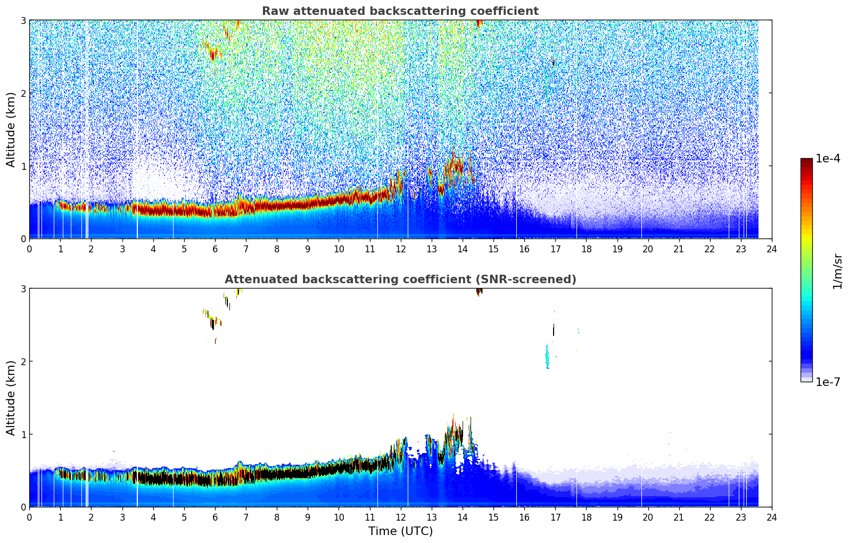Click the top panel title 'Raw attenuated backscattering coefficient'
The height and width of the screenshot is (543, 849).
point(400,11)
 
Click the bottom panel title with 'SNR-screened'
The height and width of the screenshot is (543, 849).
point(400,279)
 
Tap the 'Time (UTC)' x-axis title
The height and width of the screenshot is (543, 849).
point(400,531)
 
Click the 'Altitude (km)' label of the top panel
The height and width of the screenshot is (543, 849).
point(11,129)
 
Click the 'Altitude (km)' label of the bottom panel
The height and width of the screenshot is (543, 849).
point(11,398)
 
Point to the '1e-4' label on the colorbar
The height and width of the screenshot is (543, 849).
point(828,159)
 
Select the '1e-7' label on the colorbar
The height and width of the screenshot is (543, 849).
point(828,382)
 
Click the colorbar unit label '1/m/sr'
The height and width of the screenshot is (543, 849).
point(837,271)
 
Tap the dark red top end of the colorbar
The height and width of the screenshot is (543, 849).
point(806,161)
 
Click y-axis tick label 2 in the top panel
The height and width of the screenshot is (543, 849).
point(23,93)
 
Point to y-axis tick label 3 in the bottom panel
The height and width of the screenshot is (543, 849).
point(23,289)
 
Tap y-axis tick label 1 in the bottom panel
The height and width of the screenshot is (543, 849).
point(23,434)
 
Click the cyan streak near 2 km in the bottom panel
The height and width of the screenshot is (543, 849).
point(547,357)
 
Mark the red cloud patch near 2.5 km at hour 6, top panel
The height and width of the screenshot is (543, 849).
point(213,54)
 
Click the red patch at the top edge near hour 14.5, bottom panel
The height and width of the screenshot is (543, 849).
point(479,291)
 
